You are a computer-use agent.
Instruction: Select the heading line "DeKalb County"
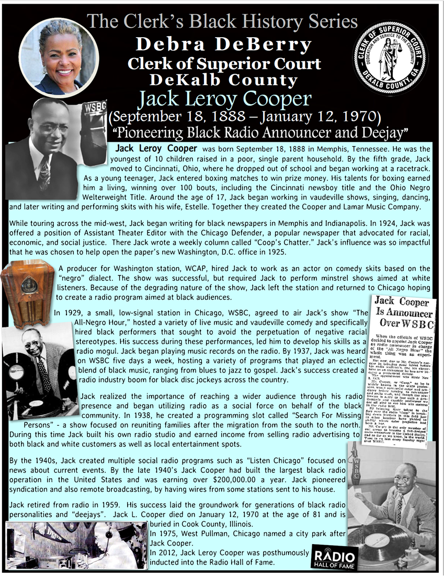click(x=223, y=80)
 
